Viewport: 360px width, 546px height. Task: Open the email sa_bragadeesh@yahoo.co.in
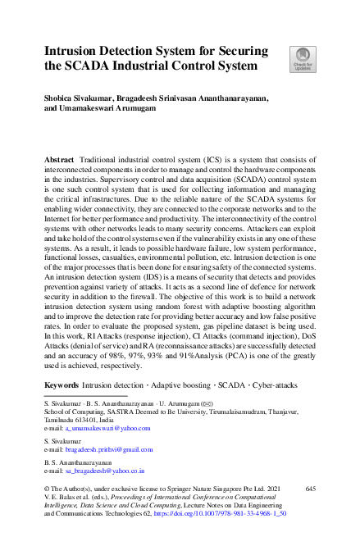coord(103,471)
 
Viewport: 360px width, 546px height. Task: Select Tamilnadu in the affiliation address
coord(59,421)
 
